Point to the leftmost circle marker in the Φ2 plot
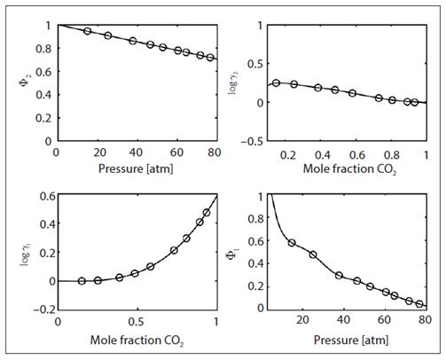(x=87, y=31)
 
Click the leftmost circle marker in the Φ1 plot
(x=292, y=242)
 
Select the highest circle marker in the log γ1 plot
(x=207, y=213)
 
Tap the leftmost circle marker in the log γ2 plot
(x=277, y=83)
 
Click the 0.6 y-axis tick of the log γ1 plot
(x=43, y=194)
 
